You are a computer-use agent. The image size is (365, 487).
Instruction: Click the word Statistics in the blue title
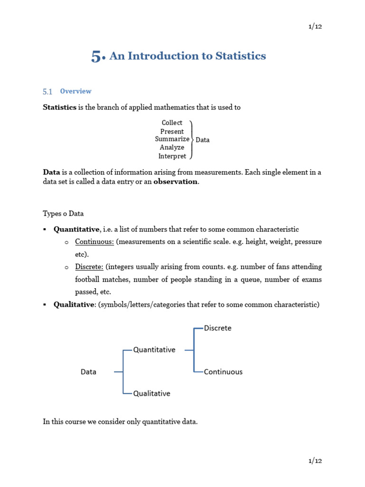(x=240, y=56)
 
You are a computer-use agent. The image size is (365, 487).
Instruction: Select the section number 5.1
(x=48, y=92)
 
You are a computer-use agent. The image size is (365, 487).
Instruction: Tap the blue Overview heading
(x=76, y=91)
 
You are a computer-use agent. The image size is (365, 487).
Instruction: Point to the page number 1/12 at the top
(x=315, y=26)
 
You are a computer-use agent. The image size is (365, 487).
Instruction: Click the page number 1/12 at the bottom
(x=315, y=461)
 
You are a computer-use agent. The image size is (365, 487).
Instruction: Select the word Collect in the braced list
(x=172, y=123)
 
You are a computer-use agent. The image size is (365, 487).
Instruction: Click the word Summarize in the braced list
(x=172, y=139)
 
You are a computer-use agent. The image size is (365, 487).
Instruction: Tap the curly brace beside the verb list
(x=192, y=139)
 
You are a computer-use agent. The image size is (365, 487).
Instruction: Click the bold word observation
(x=175, y=182)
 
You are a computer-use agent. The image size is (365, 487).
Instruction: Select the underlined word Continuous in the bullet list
(x=94, y=242)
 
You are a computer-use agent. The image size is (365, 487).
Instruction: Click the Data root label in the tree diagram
(x=88, y=372)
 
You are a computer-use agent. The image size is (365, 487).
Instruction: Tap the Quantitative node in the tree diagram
(x=154, y=350)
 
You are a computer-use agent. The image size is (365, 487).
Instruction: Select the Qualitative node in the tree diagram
(x=152, y=393)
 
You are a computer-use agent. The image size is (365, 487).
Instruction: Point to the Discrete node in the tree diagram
(x=218, y=328)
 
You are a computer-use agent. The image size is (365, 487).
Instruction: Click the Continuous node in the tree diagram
(x=223, y=372)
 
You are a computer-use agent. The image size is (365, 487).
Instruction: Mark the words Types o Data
(x=63, y=214)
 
